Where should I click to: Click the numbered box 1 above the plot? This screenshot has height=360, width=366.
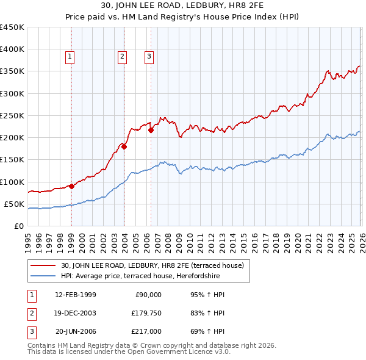(x=71, y=57)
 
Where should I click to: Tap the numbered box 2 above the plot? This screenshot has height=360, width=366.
(x=123, y=57)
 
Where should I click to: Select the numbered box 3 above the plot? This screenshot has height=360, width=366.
(x=149, y=57)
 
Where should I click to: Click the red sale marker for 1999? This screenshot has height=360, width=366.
(x=71, y=186)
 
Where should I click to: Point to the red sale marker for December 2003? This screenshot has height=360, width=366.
(x=124, y=146)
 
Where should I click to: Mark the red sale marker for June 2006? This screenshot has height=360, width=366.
(x=151, y=130)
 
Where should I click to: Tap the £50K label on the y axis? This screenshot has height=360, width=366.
(x=14, y=204)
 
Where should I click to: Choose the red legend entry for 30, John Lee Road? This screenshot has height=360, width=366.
(x=152, y=265)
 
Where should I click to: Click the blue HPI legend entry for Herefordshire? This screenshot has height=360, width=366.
(x=145, y=276)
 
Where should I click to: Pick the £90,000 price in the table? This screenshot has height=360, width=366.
(x=148, y=295)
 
